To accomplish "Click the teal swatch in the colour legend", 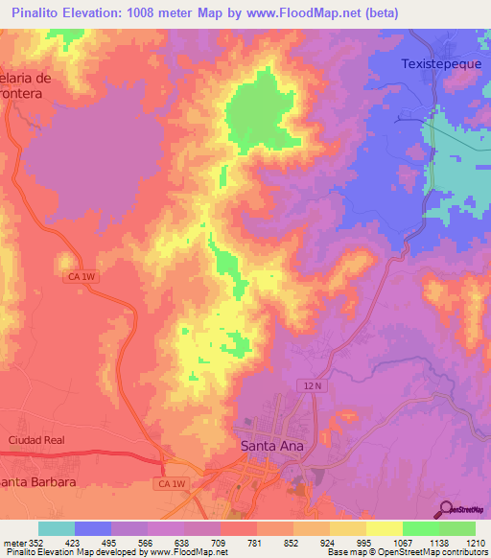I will coord(57,528).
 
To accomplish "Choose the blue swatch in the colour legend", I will coord(93,528).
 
